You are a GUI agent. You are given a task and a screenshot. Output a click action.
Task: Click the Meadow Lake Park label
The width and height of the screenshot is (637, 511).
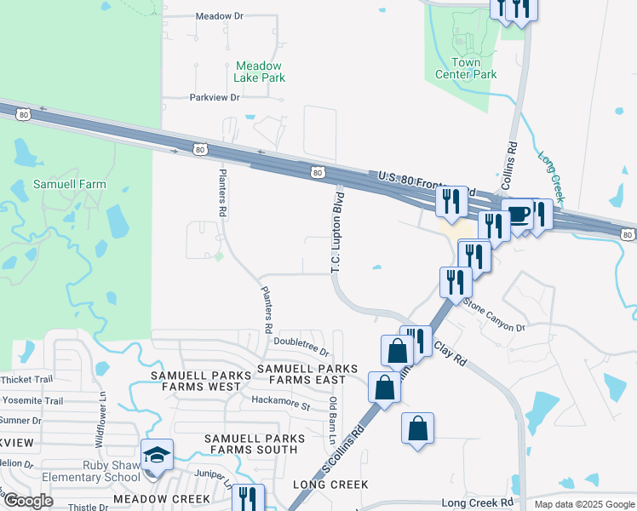(x=260, y=72)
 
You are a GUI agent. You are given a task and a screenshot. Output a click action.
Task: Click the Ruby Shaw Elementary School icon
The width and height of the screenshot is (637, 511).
(x=157, y=456)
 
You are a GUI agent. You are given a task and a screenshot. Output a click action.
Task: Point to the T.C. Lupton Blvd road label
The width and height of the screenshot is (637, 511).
(x=337, y=230)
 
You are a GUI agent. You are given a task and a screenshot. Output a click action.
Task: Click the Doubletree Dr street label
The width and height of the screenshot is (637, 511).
(x=301, y=348)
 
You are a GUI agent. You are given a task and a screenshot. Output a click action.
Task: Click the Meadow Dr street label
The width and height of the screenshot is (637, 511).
(x=219, y=16)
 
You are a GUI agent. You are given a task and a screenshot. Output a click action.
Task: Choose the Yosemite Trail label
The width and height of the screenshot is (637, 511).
(x=32, y=400)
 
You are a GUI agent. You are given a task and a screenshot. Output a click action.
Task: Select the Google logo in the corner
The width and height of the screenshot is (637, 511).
(x=28, y=501)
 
